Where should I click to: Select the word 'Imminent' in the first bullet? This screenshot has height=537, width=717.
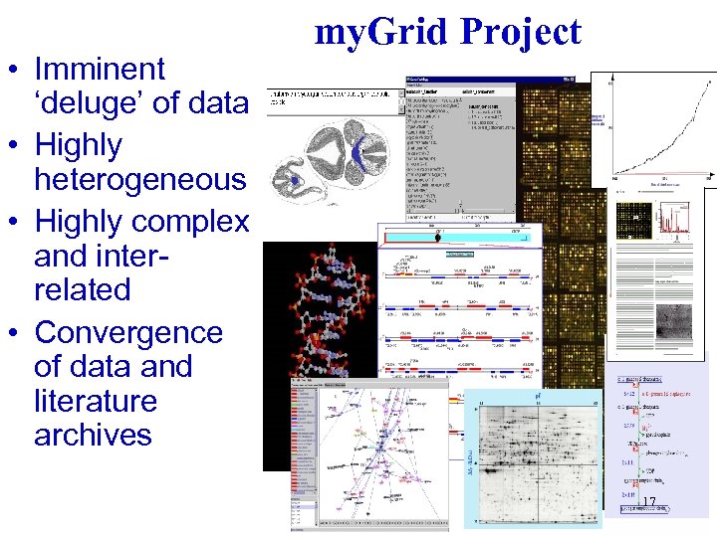click(x=100, y=70)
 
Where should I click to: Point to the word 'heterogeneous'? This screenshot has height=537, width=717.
click(x=139, y=180)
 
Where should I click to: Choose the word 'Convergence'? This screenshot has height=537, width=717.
click(x=127, y=331)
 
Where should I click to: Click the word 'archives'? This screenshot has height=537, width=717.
click(x=93, y=435)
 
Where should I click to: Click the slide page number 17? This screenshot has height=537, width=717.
click(x=649, y=503)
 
